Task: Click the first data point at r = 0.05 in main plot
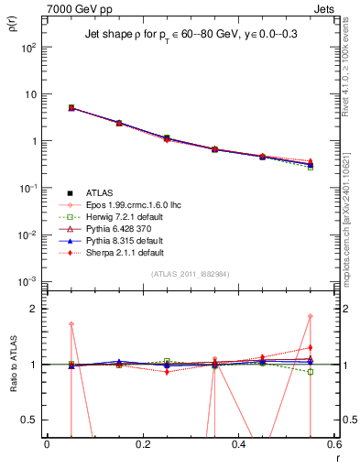click(71, 108)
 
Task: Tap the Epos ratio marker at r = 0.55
click(311, 317)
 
